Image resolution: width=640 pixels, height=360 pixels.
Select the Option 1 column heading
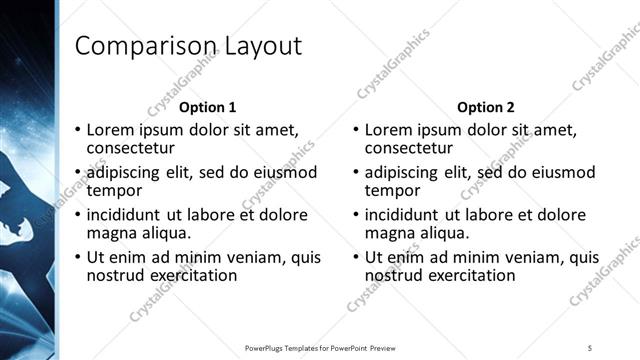(x=208, y=107)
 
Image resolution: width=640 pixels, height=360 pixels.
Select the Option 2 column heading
(x=485, y=107)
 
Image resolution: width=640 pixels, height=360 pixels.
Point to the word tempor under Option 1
(x=113, y=190)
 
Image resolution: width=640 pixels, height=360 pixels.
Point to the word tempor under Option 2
(x=391, y=190)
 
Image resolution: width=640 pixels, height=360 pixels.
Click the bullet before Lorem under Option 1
(x=77, y=130)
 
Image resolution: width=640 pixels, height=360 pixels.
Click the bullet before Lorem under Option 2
(x=355, y=130)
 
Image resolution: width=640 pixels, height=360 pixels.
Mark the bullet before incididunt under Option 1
(x=77, y=215)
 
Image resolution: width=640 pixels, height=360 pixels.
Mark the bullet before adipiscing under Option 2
(x=355, y=173)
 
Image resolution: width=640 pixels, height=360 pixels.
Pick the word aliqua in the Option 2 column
(x=442, y=233)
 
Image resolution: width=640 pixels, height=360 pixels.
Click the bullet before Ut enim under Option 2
(x=355, y=257)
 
